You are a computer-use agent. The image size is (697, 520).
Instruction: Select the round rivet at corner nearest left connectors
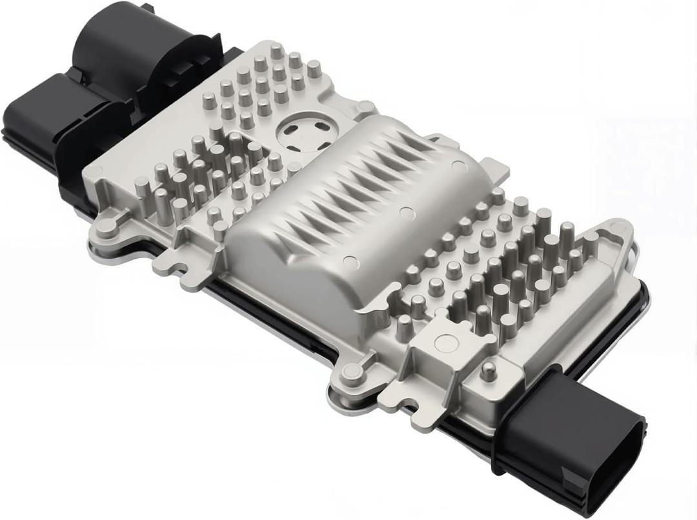click(x=95, y=172)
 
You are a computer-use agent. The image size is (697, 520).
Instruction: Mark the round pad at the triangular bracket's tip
click(x=620, y=227)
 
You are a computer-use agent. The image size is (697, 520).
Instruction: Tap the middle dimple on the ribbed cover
click(x=405, y=212)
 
